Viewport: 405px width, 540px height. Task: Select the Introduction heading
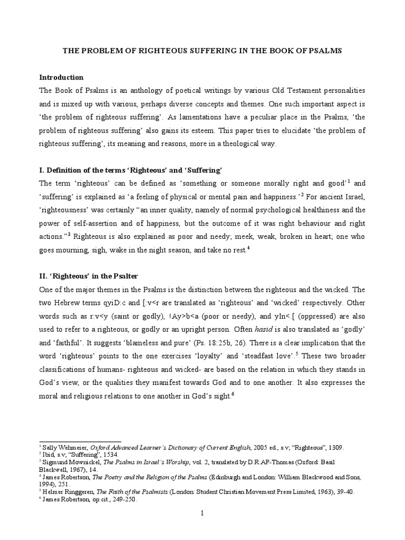coord(62,77)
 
